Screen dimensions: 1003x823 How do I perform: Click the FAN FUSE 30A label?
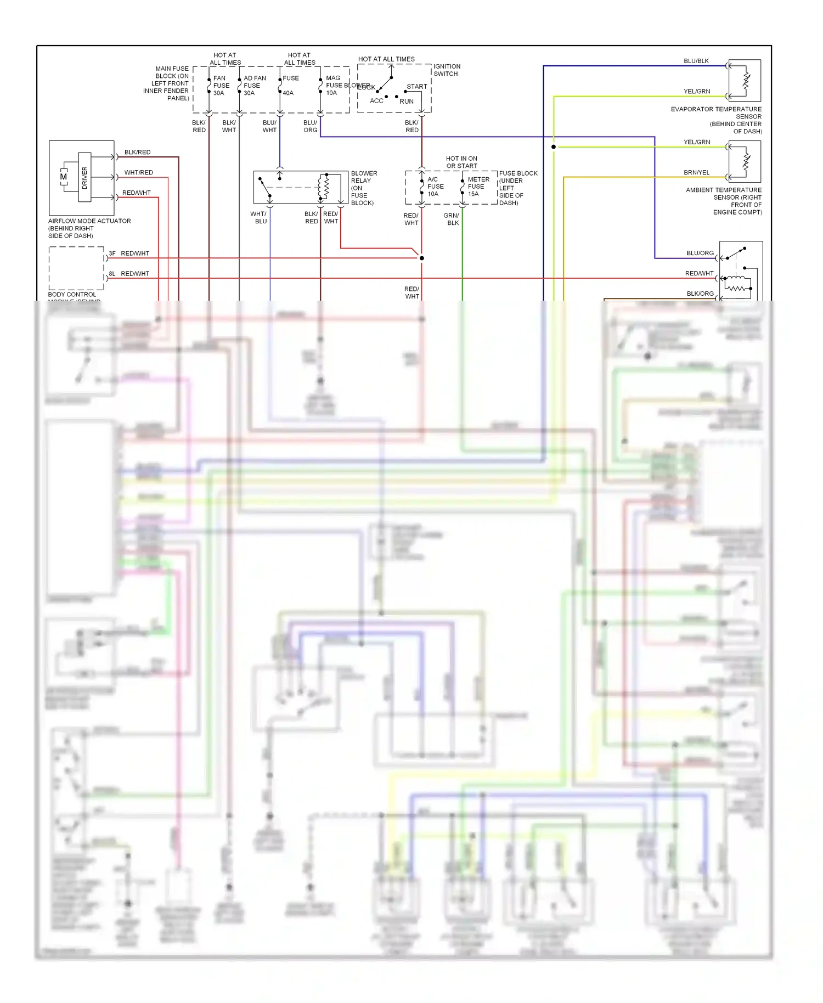pos(221,86)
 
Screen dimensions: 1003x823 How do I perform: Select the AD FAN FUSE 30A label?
pos(254,86)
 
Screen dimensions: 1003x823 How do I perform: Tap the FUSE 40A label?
pos(290,86)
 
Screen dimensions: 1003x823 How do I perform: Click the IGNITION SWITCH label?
pos(447,70)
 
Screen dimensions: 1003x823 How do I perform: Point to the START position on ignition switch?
pos(416,87)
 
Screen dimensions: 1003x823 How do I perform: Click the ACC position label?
pos(376,101)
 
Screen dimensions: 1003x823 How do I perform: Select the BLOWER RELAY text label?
pos(363,188)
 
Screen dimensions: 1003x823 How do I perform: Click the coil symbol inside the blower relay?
pos(324,187)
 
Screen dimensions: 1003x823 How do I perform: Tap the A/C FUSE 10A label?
pos(435,187)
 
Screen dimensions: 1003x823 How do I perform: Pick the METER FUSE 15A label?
pos(478,187)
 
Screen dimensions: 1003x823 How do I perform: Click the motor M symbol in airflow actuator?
pos(64,177)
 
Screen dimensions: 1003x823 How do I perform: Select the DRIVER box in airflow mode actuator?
pos(84,177)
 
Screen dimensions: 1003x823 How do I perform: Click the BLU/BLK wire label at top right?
pos(696,61)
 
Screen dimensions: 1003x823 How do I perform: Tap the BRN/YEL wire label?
pos(696,172)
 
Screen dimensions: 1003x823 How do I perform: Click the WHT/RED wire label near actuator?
pos(138,172)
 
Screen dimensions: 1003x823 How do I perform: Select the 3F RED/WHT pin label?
pos(129,253)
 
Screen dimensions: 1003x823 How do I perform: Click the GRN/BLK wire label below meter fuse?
pos(452,219)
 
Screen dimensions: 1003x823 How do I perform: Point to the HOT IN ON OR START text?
pos(461,162)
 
